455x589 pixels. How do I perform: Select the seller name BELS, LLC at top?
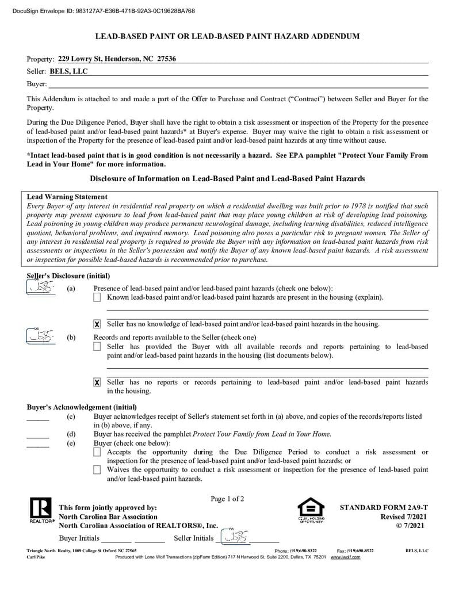coord(68,71)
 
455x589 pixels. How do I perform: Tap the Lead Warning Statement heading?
coord(67,197)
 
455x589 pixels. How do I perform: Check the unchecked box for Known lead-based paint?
coord(97,297)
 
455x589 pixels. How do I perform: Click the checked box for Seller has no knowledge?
coord(97,324)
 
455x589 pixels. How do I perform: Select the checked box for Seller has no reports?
coord(97,383)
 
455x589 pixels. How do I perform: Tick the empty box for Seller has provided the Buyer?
coord(97,347)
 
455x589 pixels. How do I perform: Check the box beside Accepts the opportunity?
coord(97,453)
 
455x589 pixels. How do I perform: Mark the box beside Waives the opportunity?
coord(97,470)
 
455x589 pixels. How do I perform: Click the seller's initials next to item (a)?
coord(41,288)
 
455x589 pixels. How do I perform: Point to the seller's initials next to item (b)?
coord(41,336)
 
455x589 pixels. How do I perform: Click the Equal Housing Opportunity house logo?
coord(311,510)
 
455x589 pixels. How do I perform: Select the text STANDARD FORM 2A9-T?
coord(383,508)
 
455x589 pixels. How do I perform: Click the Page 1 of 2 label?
coord(227,499)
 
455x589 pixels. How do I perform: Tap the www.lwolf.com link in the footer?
coord(345,557)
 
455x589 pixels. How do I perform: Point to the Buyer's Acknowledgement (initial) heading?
coord(82,407)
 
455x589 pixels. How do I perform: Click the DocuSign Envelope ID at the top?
coord(103,11)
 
